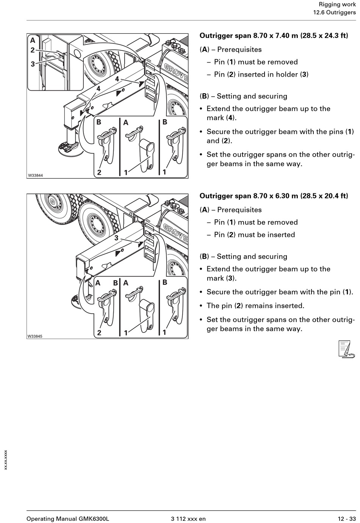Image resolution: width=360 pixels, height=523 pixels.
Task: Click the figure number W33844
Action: pos(35,176)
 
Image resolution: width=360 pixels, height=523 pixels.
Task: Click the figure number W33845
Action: pos(35,336)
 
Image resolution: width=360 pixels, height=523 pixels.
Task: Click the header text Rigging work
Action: pos(337,5)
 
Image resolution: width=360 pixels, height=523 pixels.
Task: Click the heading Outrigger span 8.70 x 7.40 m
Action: pos(274,36)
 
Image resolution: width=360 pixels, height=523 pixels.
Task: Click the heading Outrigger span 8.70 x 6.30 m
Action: pos(274,196)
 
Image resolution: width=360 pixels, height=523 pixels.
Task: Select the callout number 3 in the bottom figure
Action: pos(116,238)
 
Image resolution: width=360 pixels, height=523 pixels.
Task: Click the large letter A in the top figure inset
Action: pos(33,41)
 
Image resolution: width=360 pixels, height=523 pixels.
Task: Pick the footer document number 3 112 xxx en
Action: pos(188,519)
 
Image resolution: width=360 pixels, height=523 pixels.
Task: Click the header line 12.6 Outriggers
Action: pos(334,13)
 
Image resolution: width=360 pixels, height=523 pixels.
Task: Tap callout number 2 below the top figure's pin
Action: pos(99,172)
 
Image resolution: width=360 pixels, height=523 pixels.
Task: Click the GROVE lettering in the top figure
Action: pos(175,72)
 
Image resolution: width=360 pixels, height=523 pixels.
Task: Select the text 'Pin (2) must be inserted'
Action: pos(254,235)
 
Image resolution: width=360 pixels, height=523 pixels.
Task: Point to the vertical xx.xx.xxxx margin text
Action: pos(5,460)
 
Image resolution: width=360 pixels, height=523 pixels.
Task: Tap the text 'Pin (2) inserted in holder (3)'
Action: pos(261,74)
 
